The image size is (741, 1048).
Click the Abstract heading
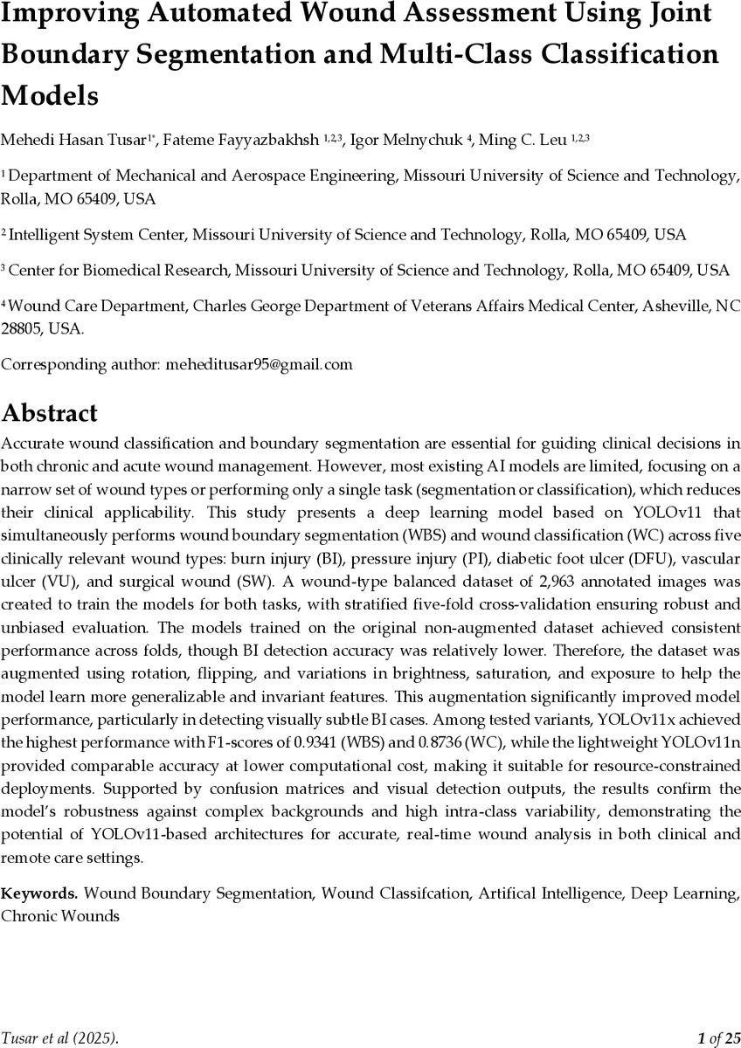[49, 412]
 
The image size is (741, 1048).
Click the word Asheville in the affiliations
[662, 307]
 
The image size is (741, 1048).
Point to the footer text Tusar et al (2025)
[59, 1038]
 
